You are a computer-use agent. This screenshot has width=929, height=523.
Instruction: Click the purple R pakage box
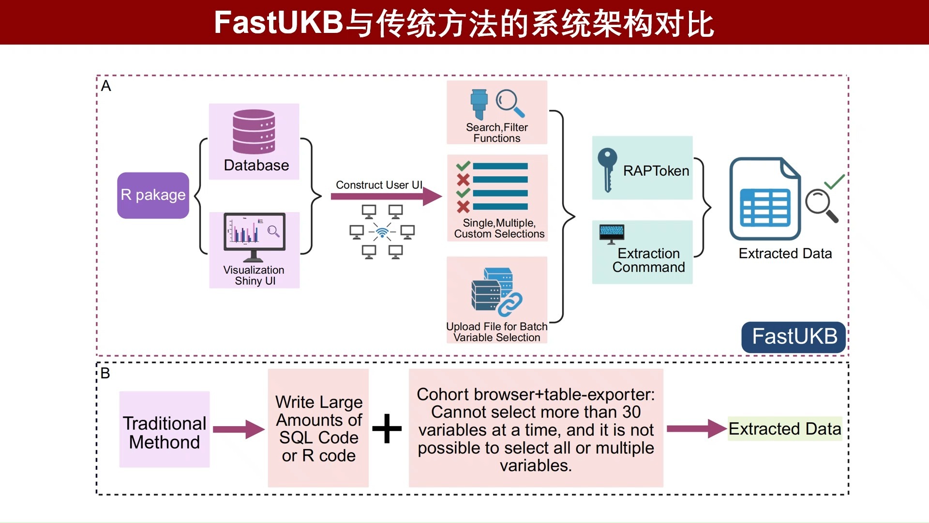pos(153,195)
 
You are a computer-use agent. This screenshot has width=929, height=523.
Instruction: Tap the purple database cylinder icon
pos(254,131)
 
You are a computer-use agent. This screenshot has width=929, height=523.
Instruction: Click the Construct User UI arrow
pos(386,196)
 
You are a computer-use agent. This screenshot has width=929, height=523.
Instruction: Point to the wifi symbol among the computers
pos(382,233)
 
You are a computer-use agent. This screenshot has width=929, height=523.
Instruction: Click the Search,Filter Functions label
pos(497,133)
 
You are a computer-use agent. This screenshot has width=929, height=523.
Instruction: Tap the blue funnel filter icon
pos(479,104)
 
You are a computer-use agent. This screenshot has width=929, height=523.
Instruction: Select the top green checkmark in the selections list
pos(463,166)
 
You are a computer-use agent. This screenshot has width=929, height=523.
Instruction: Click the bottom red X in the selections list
pos(463,207)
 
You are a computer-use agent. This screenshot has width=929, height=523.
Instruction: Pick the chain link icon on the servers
pos(510,304)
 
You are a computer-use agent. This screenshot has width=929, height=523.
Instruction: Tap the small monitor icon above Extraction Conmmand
pos(612,233)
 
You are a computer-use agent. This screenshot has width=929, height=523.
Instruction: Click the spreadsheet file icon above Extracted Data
pos(765,199)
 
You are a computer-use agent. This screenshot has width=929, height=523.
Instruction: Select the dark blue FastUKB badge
pos(794,337)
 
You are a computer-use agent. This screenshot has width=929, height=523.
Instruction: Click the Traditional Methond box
pos(165,430)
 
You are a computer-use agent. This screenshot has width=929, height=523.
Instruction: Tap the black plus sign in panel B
pos(387,429)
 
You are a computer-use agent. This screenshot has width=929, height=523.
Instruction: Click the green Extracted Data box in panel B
pos(785,429)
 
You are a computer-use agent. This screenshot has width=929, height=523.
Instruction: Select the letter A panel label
pos(106,86)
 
